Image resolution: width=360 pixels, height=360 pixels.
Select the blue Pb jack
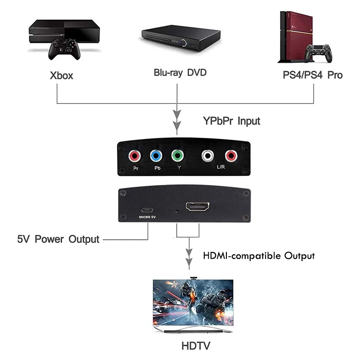pos(156,157)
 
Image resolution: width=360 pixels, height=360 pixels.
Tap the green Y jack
pos(178,157)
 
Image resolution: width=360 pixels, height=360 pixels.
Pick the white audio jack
pos(208,157)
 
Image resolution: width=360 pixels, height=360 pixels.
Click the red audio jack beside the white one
pos(231,157)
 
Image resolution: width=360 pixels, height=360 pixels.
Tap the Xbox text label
pos(61,75)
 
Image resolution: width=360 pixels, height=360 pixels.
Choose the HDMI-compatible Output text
pos(259,256)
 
